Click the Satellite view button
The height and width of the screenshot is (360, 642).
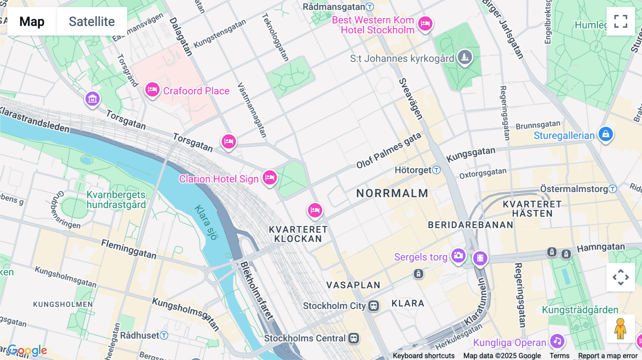(x=92, y=21)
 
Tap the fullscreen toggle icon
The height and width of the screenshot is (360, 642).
(x=621, y=21)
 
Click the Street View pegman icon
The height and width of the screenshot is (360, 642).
(x=621, y=328)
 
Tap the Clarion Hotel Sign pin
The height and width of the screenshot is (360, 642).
(x=270, y=177)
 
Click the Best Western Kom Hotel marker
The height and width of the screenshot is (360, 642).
(x=425, y=24)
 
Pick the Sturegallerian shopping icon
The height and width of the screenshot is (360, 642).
(x=606, y=134)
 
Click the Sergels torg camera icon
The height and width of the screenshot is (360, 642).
(x=458, y=256)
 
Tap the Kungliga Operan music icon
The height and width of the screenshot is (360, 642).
(x=557, y=341)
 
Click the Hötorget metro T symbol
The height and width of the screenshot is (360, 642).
(x=437, y=170)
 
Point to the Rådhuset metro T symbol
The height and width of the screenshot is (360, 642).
(x=164, y=335)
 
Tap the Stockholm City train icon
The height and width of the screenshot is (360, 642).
(x=373, y=306)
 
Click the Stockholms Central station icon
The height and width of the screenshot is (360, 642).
(x=353, y=338)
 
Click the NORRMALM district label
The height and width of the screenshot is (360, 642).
(x=392, y=194)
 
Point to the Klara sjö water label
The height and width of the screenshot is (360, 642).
(x=206, y=222)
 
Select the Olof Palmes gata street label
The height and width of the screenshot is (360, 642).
(x=389, y=150)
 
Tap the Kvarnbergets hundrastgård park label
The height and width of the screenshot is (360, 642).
(x=116, y=200)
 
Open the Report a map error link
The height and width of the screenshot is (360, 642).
(x=607, y=356)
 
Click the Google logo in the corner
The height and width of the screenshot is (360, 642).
(x=27, y=351)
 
